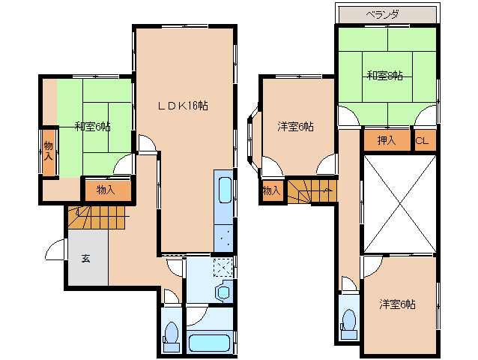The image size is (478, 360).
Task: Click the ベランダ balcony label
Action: (386, 14)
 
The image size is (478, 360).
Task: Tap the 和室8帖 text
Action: (385, 75)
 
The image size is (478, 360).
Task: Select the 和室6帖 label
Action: (92, 126)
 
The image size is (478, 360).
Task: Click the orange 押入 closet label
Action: (387, 140)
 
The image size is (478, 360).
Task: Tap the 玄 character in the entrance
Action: (85, 259)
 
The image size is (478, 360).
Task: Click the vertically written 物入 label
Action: (49, 151)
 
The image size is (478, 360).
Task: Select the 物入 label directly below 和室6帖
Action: (106, 189)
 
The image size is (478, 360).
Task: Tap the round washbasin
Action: (223, 292)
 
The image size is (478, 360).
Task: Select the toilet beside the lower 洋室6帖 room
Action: (348, 320)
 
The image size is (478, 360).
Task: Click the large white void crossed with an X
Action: (398, 204)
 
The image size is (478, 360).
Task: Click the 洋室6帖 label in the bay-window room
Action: (295, 127)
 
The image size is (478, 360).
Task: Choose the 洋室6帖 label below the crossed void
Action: (397, 304)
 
